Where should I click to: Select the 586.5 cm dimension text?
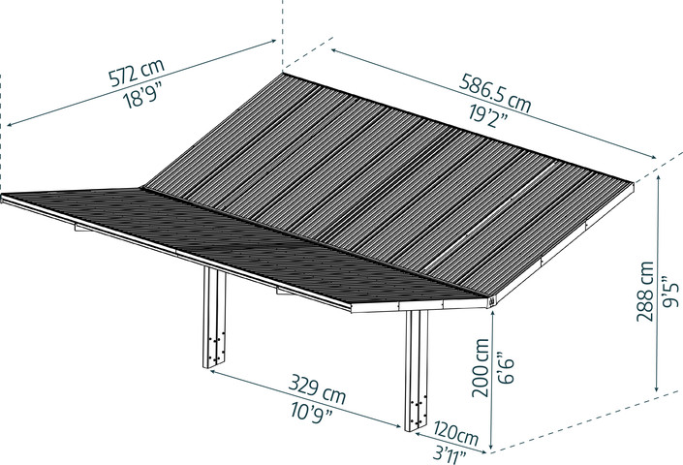tap(496, 93)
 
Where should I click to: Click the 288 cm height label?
tap(645, 292)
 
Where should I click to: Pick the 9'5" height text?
tap(670, 292)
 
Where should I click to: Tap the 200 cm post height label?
tap(480, 367)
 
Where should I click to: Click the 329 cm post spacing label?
tap(317, 388)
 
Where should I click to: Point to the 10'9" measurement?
tap(311, 410)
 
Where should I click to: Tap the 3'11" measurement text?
tap(450, 455)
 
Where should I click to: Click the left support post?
tap(214, 318)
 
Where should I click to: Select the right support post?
tap(417, 370)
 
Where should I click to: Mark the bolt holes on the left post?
tap(216, 347)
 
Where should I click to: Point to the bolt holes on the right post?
tap(418, 409)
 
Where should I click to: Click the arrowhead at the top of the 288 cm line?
tap(658, 180)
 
